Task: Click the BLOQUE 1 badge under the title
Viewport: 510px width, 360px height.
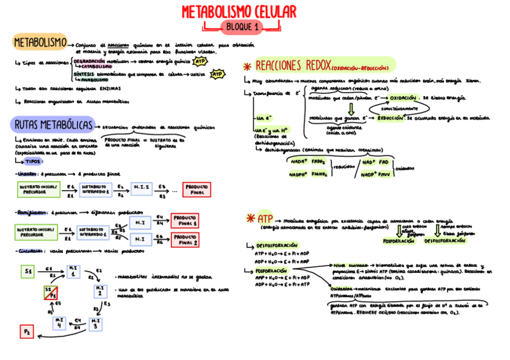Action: pos(241,26)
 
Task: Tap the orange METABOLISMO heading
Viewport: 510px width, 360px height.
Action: pos(40,43)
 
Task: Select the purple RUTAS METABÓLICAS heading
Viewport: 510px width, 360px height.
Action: pos(53,125)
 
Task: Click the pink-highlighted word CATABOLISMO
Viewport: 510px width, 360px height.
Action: pos(96,67)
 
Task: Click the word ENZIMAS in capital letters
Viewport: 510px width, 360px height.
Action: pos(108,88)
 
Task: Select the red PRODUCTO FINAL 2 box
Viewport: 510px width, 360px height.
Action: pos(186,240)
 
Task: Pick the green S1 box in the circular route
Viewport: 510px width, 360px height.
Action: pos(28,272)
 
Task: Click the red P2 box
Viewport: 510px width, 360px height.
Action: pos(28,331)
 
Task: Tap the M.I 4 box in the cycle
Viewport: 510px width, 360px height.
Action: pos(60,323)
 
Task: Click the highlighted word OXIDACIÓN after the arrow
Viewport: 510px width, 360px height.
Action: pos(402,97)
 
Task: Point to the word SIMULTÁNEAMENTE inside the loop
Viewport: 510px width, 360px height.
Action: pos(391,108)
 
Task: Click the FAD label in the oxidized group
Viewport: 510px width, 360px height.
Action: pos(383,162)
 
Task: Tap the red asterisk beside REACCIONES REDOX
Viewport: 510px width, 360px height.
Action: pos(247,66)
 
